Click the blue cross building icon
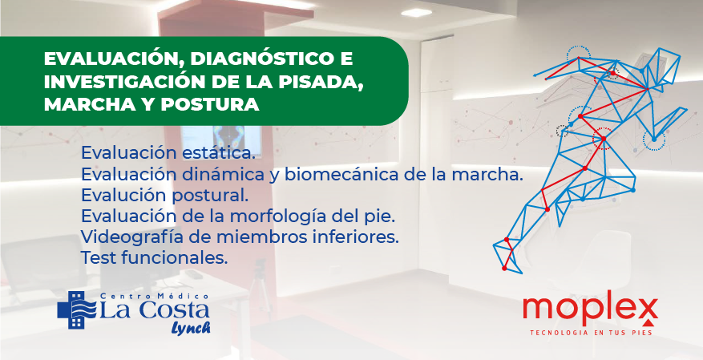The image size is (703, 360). [76, 309]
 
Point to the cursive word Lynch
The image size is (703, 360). [191, 327]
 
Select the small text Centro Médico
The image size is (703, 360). [155, 297]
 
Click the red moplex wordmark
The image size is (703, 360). [590, 308]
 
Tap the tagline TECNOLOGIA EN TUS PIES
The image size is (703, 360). [591, 333]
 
